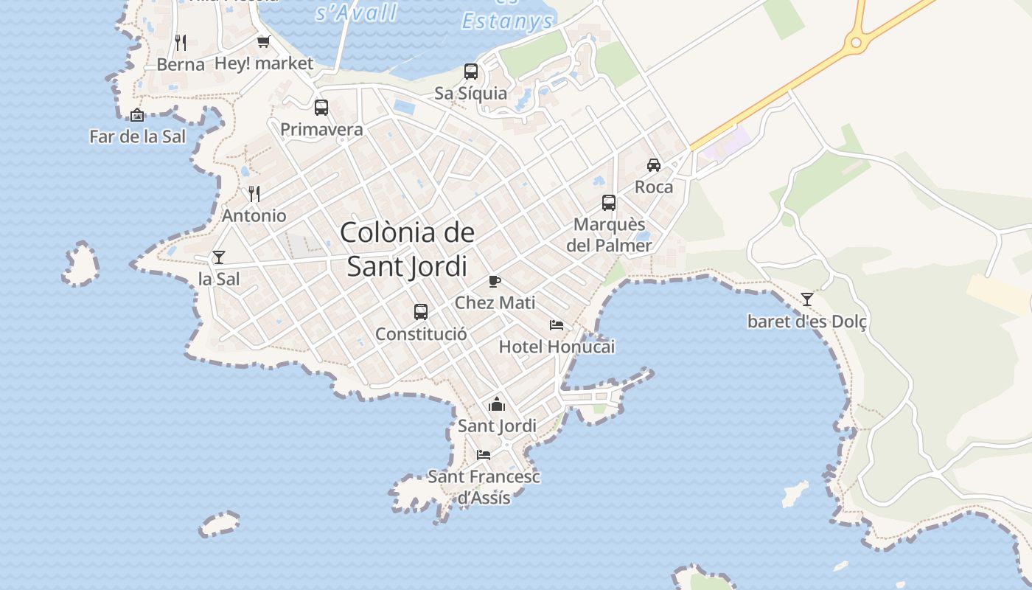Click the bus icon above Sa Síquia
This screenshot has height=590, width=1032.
(471, 72)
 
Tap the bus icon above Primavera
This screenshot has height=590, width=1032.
(321, 108)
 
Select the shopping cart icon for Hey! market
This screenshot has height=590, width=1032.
(263, 42)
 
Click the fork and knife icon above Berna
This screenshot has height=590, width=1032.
(181, 42)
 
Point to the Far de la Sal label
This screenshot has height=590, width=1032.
(137, 136)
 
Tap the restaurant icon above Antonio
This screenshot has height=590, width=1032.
(254, 194)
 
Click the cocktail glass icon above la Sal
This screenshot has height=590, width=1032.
(219, 257)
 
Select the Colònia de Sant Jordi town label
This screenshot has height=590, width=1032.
(408, 249)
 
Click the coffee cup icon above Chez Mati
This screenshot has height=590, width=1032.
(495, 281)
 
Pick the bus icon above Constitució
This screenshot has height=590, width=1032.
(421, 312)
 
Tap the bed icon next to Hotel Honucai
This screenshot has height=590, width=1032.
(557, 325)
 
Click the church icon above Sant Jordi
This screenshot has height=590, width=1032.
(497, 404)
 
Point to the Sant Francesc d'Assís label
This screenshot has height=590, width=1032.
(484, 487)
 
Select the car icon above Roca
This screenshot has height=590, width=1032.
(654, 164)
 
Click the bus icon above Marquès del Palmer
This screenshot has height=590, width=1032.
(609, 203)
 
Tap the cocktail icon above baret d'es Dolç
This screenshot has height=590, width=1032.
(807, 299)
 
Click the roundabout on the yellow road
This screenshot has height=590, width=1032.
(856, 43)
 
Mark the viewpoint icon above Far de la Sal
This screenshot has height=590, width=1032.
(137, 115)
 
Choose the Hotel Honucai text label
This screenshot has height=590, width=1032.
(557, 347)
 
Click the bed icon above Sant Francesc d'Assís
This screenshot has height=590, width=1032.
(484, 454)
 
